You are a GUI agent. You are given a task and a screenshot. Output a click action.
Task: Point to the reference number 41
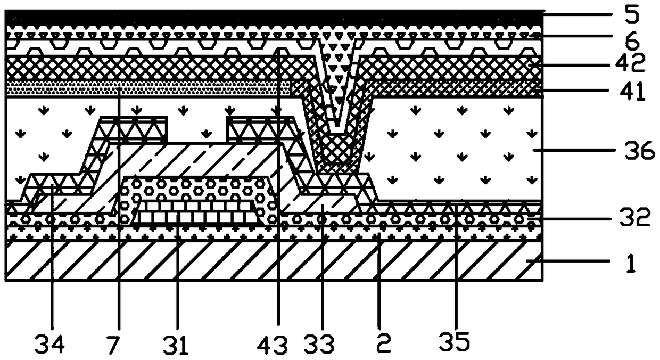tap(631, 91)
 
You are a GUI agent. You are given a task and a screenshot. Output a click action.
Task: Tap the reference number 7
tap(114, 345)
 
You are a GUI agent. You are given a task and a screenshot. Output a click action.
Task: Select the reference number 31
tap(175, 345)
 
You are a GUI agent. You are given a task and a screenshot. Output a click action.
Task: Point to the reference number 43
tap(272, 345)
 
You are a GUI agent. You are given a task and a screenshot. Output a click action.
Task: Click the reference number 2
tap(383, 343)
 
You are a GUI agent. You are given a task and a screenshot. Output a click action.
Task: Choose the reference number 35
tap(454, 342)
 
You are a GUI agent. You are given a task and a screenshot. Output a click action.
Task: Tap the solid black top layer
tap(274, 18)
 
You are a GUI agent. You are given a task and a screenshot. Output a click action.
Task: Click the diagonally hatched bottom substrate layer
tap(274, 260)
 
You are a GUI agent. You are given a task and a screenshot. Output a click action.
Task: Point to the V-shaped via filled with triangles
tap(339, 79)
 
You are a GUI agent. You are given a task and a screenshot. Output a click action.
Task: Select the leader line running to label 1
tap(567, 260)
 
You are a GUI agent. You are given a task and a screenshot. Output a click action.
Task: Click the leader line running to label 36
tap(574, 150)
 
